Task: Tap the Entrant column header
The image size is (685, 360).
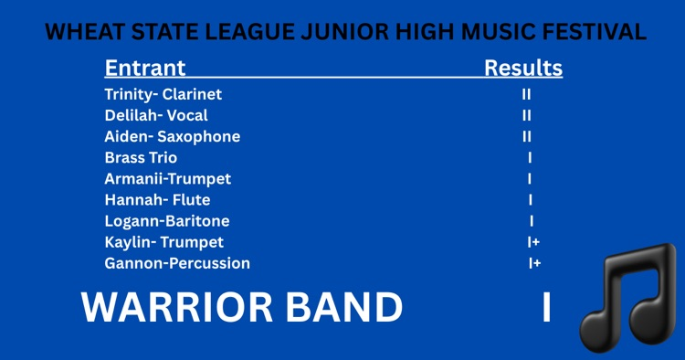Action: [x=145, y=69]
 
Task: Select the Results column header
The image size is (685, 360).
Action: [x=522, y=69]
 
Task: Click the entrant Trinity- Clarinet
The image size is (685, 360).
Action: [x=163, y=94]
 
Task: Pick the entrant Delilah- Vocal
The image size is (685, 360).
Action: [x=156, y=116]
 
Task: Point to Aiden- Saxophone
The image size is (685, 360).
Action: [x=173, y=137]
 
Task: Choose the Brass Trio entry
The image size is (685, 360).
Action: [x=141, y=158]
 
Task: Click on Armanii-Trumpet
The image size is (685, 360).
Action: [x=168, y=179]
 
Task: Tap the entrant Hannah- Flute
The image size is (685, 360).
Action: [x=157, y=200]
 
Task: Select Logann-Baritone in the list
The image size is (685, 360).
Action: [x=167, y=221]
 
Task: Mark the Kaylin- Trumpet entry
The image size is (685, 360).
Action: [x=164, y=242]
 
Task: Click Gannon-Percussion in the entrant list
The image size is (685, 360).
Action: [x=177, y=263]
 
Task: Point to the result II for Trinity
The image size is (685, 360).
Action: [x=527, y=94]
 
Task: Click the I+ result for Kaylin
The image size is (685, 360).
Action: [x=533, y=242]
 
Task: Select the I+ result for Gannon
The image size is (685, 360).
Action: [x=534, y=263]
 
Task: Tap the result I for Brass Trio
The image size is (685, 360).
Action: [x=530, y=158]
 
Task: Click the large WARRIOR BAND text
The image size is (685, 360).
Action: [x=242, y=308]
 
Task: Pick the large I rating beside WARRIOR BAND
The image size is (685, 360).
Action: [x=546, y=308]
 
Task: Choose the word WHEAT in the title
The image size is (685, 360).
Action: [x=79, y=33]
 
